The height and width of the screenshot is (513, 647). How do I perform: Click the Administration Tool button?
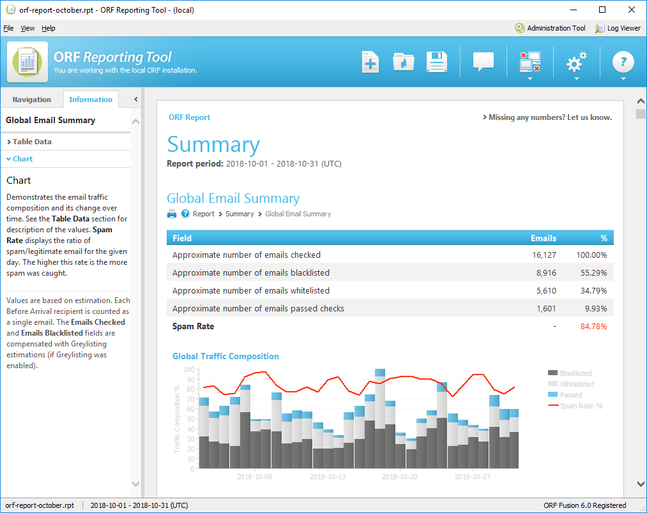[550, 28]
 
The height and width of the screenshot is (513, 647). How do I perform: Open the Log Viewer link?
[618, 28]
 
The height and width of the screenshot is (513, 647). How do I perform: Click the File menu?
[8, 28]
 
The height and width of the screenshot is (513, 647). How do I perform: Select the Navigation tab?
[31, 100]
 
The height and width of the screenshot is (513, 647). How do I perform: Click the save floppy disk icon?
[437, 62]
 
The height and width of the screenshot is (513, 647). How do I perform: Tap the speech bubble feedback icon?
[483, 62]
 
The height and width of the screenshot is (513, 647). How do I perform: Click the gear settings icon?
[576, 63]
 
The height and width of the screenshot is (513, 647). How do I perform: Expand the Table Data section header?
[32, 142]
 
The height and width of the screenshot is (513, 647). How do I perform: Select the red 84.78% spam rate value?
[593, 327]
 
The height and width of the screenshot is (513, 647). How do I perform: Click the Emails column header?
[543, 238]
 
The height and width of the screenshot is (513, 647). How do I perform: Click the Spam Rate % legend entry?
[581, 406]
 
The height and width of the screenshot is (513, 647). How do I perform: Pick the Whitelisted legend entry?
[577, 384]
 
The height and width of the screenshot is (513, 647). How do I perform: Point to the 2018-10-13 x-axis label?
[327, 477]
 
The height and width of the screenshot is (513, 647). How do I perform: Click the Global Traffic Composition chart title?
[225, 357]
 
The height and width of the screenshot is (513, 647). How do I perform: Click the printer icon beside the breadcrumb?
[172, 214]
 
